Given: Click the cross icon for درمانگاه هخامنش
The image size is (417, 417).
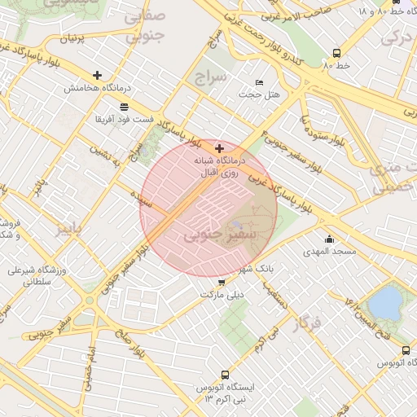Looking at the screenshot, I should (x=98, y=75).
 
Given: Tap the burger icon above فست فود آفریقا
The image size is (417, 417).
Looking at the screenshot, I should (x=123, y=107).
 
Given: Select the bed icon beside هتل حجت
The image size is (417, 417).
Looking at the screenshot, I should (x=260, y=82).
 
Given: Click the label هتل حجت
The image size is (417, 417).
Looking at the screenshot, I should (x=259, y=94).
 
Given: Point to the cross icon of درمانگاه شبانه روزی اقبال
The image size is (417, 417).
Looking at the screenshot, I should (x=219, y=148).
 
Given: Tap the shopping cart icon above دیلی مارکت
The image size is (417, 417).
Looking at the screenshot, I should (x=222, y=283).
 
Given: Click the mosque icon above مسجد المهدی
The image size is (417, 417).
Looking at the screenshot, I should (x=329, y=239).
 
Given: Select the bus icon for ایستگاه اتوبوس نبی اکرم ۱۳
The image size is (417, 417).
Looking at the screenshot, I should (x=225, y=375).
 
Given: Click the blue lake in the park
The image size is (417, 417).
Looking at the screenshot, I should (x=385, y=303).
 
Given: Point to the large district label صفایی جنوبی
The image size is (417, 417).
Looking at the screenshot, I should (x=147, y=25).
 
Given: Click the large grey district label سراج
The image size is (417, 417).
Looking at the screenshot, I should (x=210, y=77).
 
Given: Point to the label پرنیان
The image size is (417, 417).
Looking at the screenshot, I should (x=72, y=38).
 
